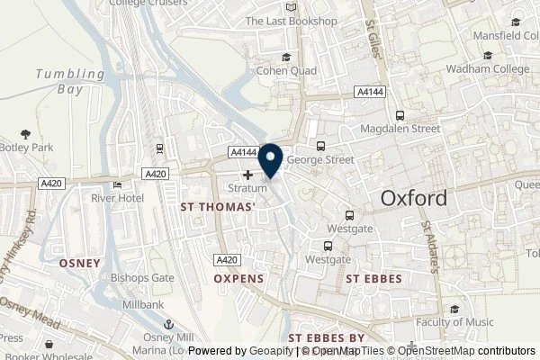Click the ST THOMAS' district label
(218, 206)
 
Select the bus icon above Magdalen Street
(400, 114)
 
